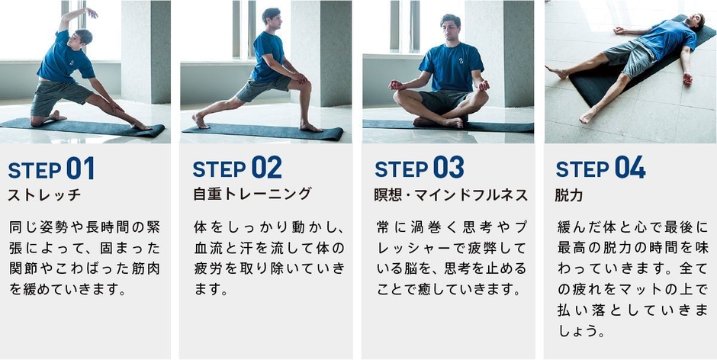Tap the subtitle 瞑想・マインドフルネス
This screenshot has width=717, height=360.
(x=452, y=195)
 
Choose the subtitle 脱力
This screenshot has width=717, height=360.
(x=569, y=195)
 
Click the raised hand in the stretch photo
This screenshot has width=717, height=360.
(x=92, y=12)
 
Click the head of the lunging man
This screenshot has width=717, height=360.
(x=271, y=17)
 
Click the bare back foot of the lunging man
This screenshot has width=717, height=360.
(x=199, y=120)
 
